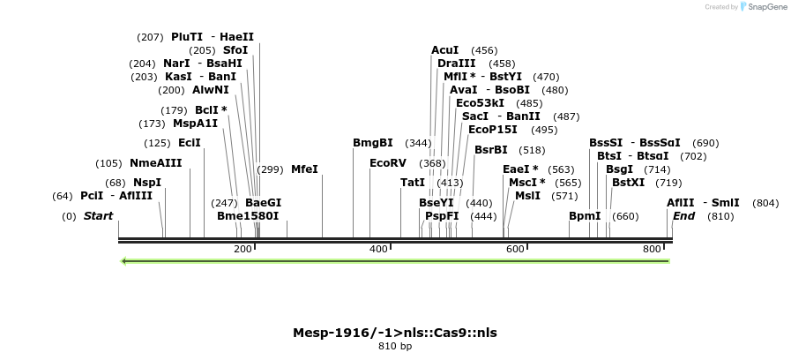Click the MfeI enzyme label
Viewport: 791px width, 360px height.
304,169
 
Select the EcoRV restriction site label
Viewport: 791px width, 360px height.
388,163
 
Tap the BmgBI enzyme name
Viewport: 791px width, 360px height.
373,143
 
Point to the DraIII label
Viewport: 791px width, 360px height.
457,64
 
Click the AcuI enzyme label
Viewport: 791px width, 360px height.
445,50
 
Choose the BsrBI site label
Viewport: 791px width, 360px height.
491,150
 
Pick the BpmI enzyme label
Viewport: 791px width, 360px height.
585,216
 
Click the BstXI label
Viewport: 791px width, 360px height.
629,183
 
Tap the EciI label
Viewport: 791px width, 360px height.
190,143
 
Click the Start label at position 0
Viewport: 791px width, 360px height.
98,216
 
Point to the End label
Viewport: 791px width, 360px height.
684,216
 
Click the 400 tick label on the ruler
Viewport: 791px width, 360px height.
379,250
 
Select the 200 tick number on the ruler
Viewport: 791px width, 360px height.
243,250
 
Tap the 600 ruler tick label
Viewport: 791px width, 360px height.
516,250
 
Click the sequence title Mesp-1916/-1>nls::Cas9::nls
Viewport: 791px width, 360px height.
395,333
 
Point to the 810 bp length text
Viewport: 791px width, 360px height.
395,347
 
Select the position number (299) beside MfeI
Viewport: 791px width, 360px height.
270,169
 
